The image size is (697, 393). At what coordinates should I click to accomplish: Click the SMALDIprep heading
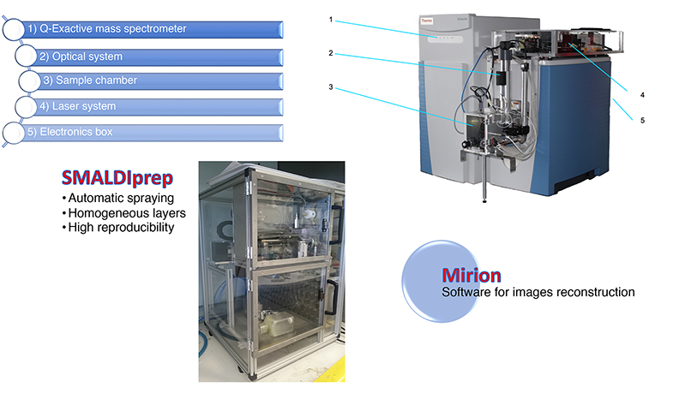coord(117,178)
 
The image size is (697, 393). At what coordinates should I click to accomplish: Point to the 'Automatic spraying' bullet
coord(118,198)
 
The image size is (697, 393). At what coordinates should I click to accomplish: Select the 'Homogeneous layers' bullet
coord(124,213)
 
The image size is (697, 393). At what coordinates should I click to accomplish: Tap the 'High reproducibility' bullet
coord(118,228)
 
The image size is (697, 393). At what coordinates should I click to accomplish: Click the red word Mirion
coord(472,276)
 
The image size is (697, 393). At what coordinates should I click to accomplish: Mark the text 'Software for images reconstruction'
coord(538,292)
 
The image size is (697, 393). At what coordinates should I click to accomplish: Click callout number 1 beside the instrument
coord(331,20)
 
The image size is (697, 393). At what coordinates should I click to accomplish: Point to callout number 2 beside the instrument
coord(331,53)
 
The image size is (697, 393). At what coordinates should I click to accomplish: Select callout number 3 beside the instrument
coord(331,87)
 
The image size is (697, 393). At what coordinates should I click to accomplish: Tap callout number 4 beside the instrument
coord(642,95)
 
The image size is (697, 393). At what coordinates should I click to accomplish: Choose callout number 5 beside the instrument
coord(642,121)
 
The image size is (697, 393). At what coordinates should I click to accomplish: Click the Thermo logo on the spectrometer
coord(426,21)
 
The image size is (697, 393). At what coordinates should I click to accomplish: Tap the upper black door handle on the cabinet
coord(337,224)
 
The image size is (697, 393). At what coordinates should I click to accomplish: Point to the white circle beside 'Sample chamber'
coord(30,81)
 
